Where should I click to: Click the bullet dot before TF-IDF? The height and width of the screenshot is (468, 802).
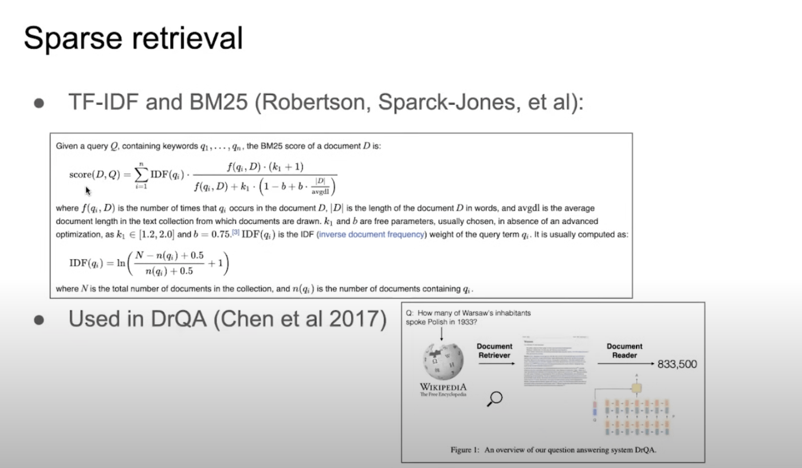[x=39, y=104]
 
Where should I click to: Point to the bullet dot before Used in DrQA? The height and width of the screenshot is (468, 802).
[x=39, y=320]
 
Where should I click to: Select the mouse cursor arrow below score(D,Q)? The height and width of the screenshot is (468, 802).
[x=88, y=191]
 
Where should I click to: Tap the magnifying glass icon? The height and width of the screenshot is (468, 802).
[x=494, y=398]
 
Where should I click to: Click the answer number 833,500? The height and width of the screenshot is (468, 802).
[x=677, y=364]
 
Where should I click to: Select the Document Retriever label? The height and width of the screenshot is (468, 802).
[x=494, y=350]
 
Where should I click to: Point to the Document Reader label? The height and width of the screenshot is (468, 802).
[x=624, y=350]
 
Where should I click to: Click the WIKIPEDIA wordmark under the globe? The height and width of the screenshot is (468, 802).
[x=443, y=387]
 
